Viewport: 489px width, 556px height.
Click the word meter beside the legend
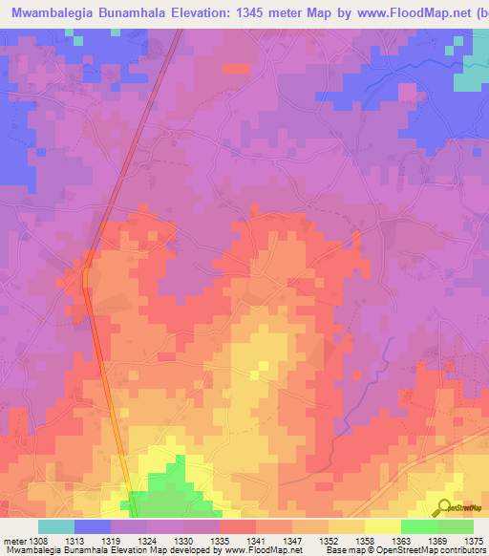coord(14,541)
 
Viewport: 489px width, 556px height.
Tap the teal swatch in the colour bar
coord(56,526)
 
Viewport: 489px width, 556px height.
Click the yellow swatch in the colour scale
coord(382,526)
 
